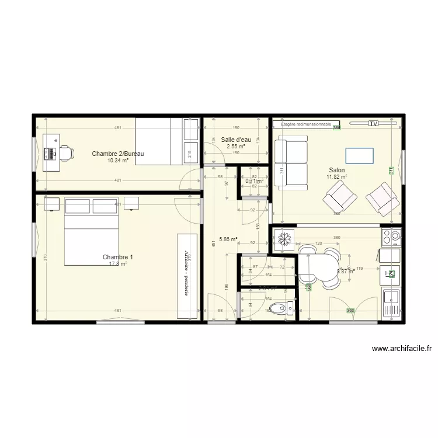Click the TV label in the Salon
(374, 124)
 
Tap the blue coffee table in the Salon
(359, 155)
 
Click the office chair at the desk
(65, 153)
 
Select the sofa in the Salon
(291, 164)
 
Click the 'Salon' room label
(336, 170)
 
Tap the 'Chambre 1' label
(118, 257)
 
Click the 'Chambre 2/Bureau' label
(118, 154)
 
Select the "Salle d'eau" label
(236, 140)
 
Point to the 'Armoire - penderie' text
(187, 272)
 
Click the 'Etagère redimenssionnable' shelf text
(306, 124)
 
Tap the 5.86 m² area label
(228, 239)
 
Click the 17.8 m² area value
(118, 263)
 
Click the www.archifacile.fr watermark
(402, 349)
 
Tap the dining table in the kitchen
(318, 267)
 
